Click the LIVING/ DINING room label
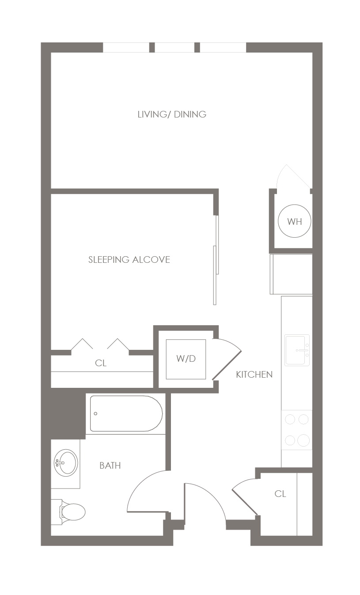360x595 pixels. click(x=172, y=114)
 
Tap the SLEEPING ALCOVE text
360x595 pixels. click(x=129, y=260)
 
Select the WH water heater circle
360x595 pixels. click(x=294, y=221)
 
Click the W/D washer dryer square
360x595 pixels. click(x=186, y=359)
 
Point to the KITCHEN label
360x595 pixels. click(x=254, y=375)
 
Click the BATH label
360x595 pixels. click(x=110, y=466)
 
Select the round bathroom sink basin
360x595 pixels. click(x=66, y=463)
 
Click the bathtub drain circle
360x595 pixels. click(x=96, y=413)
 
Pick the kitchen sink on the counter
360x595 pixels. click(x=297, y=350)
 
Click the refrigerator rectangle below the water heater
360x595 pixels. click(x=291, y=274)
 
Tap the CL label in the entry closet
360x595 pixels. click(x=280, y=494)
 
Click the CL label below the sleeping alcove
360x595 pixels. click(x=101, y=363)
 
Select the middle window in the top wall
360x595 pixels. click(x=174, y=48)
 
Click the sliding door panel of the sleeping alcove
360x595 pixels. click(x=216, y=260)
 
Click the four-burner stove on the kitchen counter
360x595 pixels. click(x=297, y=430)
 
